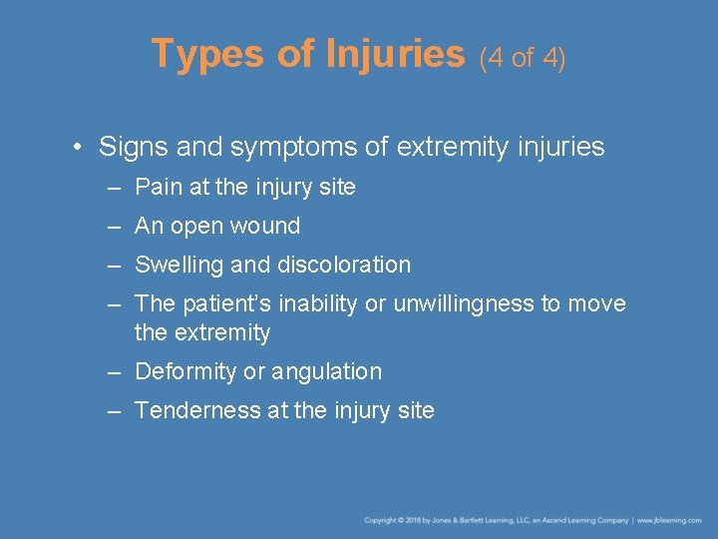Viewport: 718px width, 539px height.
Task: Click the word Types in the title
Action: click(x=207, y=54)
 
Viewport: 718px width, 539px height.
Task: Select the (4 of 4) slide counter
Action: click(x=523, y=58)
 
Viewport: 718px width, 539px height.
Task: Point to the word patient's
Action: click(x=226, y=303)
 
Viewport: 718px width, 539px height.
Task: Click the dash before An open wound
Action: click(x=117, y=227)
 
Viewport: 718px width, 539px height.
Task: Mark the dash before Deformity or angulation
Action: click(x=117, y=372)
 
